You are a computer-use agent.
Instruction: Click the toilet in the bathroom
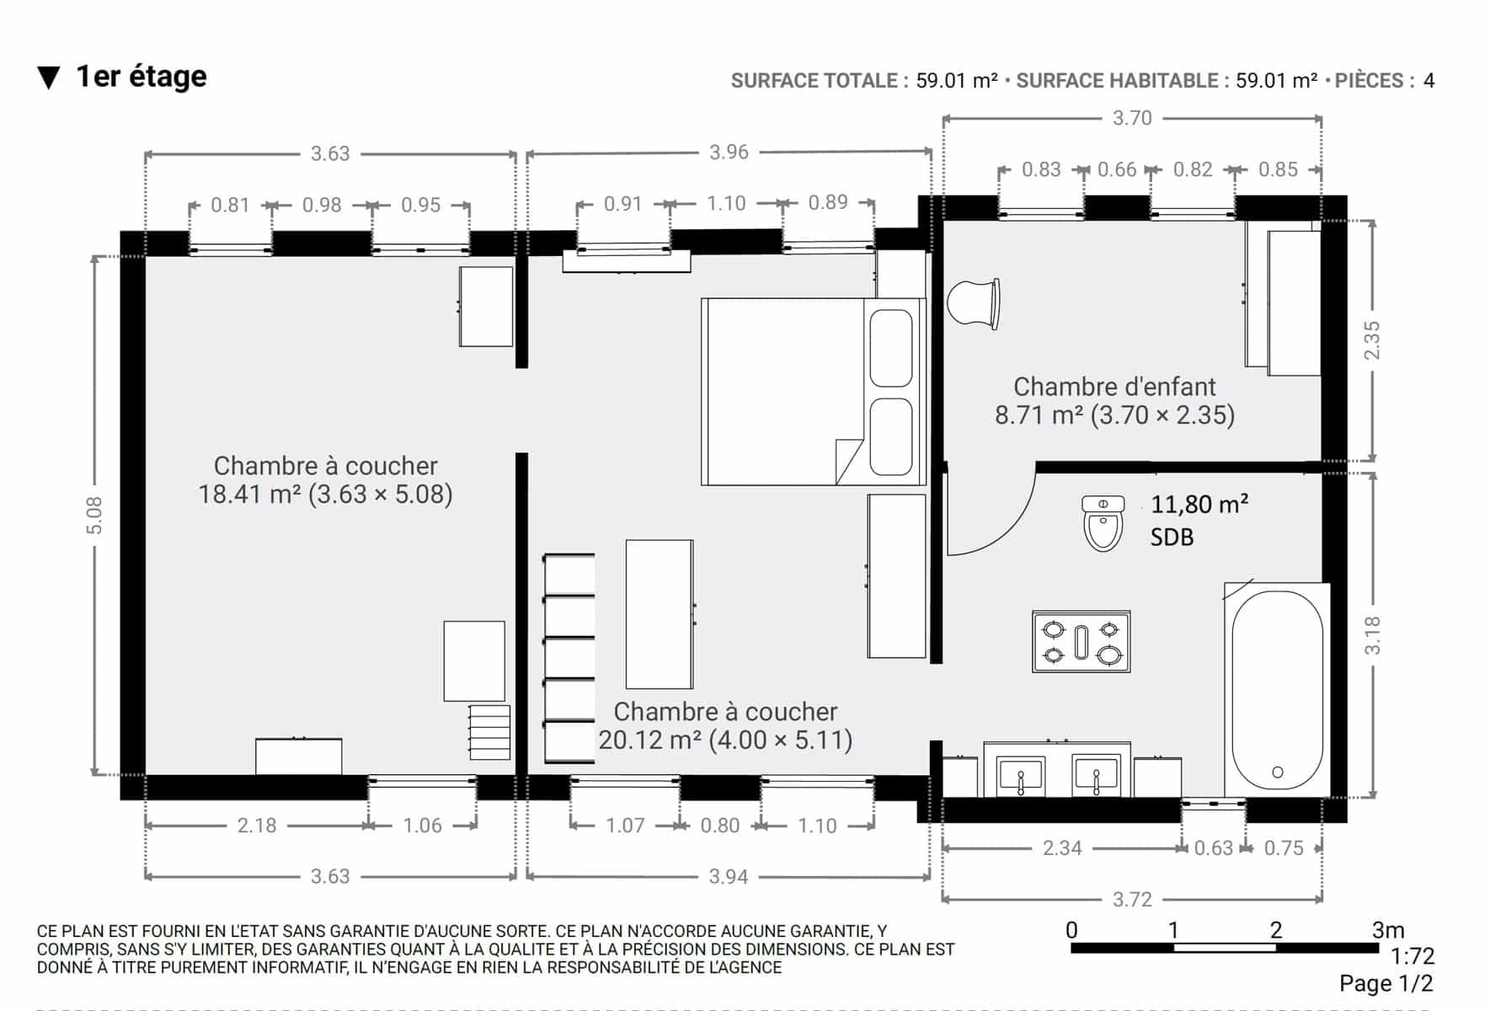tap(1103, 523)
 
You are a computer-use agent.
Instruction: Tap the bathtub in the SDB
tap(1277, 690)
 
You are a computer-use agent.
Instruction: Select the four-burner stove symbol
tap(1081, 642)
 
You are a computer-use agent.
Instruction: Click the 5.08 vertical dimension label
tap(93, 515)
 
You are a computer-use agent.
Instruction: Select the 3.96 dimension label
tap(729, 152)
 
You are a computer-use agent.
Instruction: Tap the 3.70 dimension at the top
tap(1132, 118)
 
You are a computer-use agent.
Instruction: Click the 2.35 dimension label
tap(1372, 340)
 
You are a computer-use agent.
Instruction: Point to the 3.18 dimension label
tap(1372, 635)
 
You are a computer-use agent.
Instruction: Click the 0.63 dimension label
tap(1213, 848)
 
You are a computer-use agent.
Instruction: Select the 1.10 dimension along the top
tap(726, 203)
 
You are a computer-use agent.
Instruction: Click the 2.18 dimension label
tap(256, 826)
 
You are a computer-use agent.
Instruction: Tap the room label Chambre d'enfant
tap(1114, 387)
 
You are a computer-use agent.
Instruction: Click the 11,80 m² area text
tap(1199, 505)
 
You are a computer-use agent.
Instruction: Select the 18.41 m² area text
tap(249, 494)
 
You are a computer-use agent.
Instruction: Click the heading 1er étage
tap(142, 77)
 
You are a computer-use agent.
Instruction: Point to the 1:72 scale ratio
tap(1413, 956)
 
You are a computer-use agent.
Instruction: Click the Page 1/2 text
tap(1386, 983)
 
